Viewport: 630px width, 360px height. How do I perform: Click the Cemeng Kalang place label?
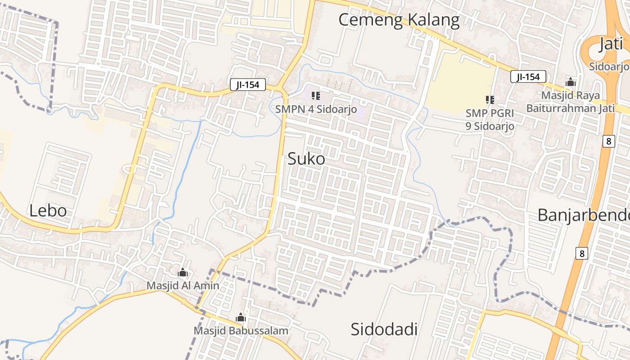[x=399, y=20]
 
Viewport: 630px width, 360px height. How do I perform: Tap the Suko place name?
[x=306, y=158]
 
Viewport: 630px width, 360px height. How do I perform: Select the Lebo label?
[x=48, y=211]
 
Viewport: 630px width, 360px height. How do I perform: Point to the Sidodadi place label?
[x=384, y=329]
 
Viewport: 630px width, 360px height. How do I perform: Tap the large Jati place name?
[x=611, y=45]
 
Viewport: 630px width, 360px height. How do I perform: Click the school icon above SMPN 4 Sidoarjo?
[x=316, y=95]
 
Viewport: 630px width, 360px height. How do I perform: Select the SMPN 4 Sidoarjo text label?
[x=316, y=109]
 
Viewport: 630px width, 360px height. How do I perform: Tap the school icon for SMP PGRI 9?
[x=490, y=99]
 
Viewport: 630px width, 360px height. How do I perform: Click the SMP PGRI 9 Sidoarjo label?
[x=490, y=120]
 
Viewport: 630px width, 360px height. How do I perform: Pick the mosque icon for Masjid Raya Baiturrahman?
[x=571, y=82]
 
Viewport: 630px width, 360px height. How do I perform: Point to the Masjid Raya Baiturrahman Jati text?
[x=571, y=102]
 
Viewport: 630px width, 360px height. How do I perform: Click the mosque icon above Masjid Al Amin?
[x=183, y=272]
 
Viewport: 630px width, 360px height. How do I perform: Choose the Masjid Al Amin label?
[x=183, y=286]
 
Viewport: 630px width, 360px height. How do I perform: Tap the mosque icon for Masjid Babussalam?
[x=241, y=318]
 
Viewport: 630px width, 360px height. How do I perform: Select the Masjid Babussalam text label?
[x=241, y=331]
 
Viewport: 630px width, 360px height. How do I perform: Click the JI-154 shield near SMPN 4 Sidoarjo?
[x=247, y=85]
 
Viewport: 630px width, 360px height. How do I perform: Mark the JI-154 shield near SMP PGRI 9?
[x=528, y=76]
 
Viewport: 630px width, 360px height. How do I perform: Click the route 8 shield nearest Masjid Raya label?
[x=608, y=141]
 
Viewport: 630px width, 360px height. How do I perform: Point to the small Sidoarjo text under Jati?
[x=609, y=67]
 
